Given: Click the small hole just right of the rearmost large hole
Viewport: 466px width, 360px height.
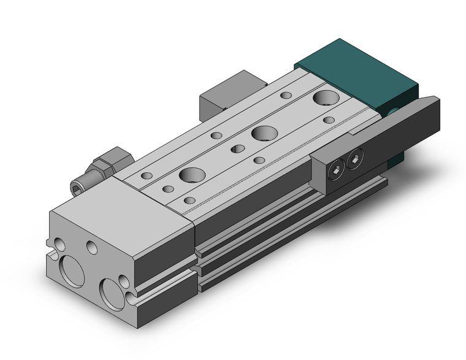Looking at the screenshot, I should pos(329,120).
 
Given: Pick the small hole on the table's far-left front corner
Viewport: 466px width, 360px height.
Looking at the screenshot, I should pos(146,176).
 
